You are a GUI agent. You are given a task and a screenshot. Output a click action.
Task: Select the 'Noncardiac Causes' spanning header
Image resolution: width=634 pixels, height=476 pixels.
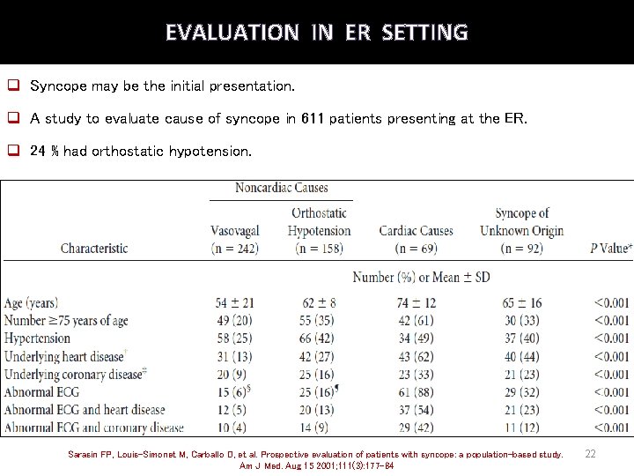click(281, 188)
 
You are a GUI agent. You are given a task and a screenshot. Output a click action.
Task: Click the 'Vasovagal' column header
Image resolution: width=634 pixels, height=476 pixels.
click(234, 231)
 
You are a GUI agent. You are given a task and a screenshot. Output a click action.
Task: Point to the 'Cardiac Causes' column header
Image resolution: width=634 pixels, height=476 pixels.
click(416, 231)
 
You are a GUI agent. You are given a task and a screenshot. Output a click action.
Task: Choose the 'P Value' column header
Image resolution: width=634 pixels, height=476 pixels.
click(610, 249)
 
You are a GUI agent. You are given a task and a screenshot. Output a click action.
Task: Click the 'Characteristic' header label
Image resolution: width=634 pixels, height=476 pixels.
click(94, 249)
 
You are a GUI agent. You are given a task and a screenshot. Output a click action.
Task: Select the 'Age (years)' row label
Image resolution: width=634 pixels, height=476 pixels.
click(32, 303)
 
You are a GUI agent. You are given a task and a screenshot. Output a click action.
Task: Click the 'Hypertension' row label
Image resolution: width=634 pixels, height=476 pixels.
click(37, 338)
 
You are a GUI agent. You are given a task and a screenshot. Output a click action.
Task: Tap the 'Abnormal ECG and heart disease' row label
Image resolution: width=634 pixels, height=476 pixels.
click(85, 410)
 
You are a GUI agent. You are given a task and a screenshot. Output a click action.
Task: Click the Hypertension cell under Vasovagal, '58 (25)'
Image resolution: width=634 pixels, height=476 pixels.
click(234, 338)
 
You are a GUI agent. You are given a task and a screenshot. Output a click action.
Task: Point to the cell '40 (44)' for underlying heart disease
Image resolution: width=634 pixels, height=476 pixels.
click(521, 356)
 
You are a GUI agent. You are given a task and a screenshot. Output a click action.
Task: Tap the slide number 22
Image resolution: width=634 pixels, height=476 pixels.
click(591, 453)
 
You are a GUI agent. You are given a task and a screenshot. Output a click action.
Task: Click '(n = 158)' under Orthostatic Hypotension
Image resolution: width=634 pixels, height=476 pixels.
click(319, 249)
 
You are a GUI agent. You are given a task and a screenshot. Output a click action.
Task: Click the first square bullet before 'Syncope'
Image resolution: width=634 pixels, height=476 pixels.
click(14, 86)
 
